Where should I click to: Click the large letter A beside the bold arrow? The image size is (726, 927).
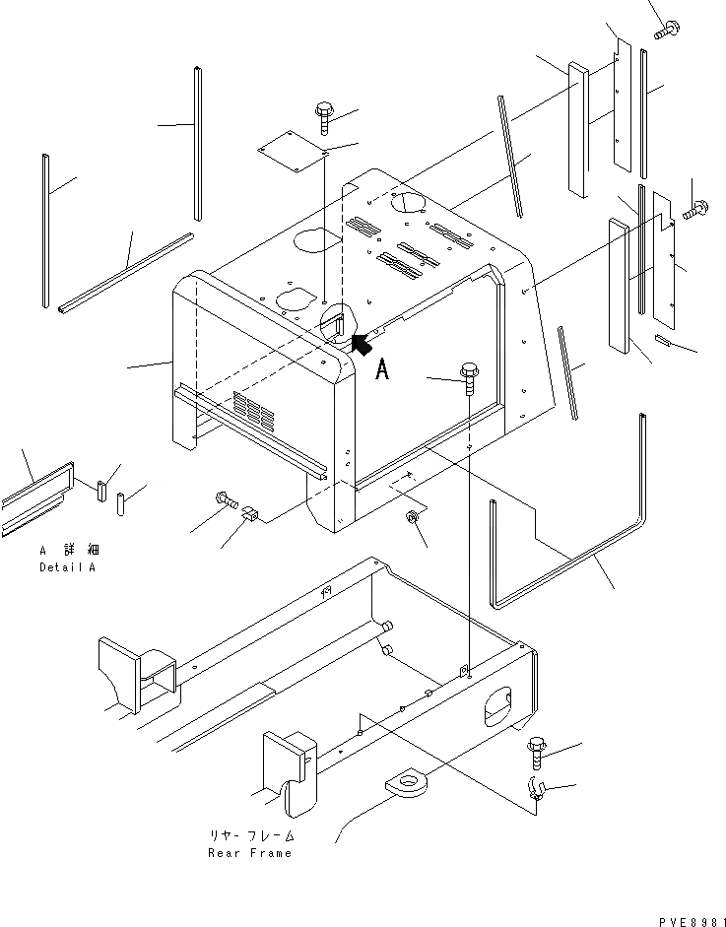click(x=384, y=369)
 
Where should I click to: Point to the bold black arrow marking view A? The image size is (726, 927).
click(x=360, y=343)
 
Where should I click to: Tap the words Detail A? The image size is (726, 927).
click(x=71, y=568)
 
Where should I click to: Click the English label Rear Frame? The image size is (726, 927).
click(x=249, y=853)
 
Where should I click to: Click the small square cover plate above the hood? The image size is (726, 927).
click(x=293, y=151)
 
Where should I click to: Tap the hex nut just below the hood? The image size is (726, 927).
click(x=414, y=518)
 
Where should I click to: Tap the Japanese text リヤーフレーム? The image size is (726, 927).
click(x=249, y=836)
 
